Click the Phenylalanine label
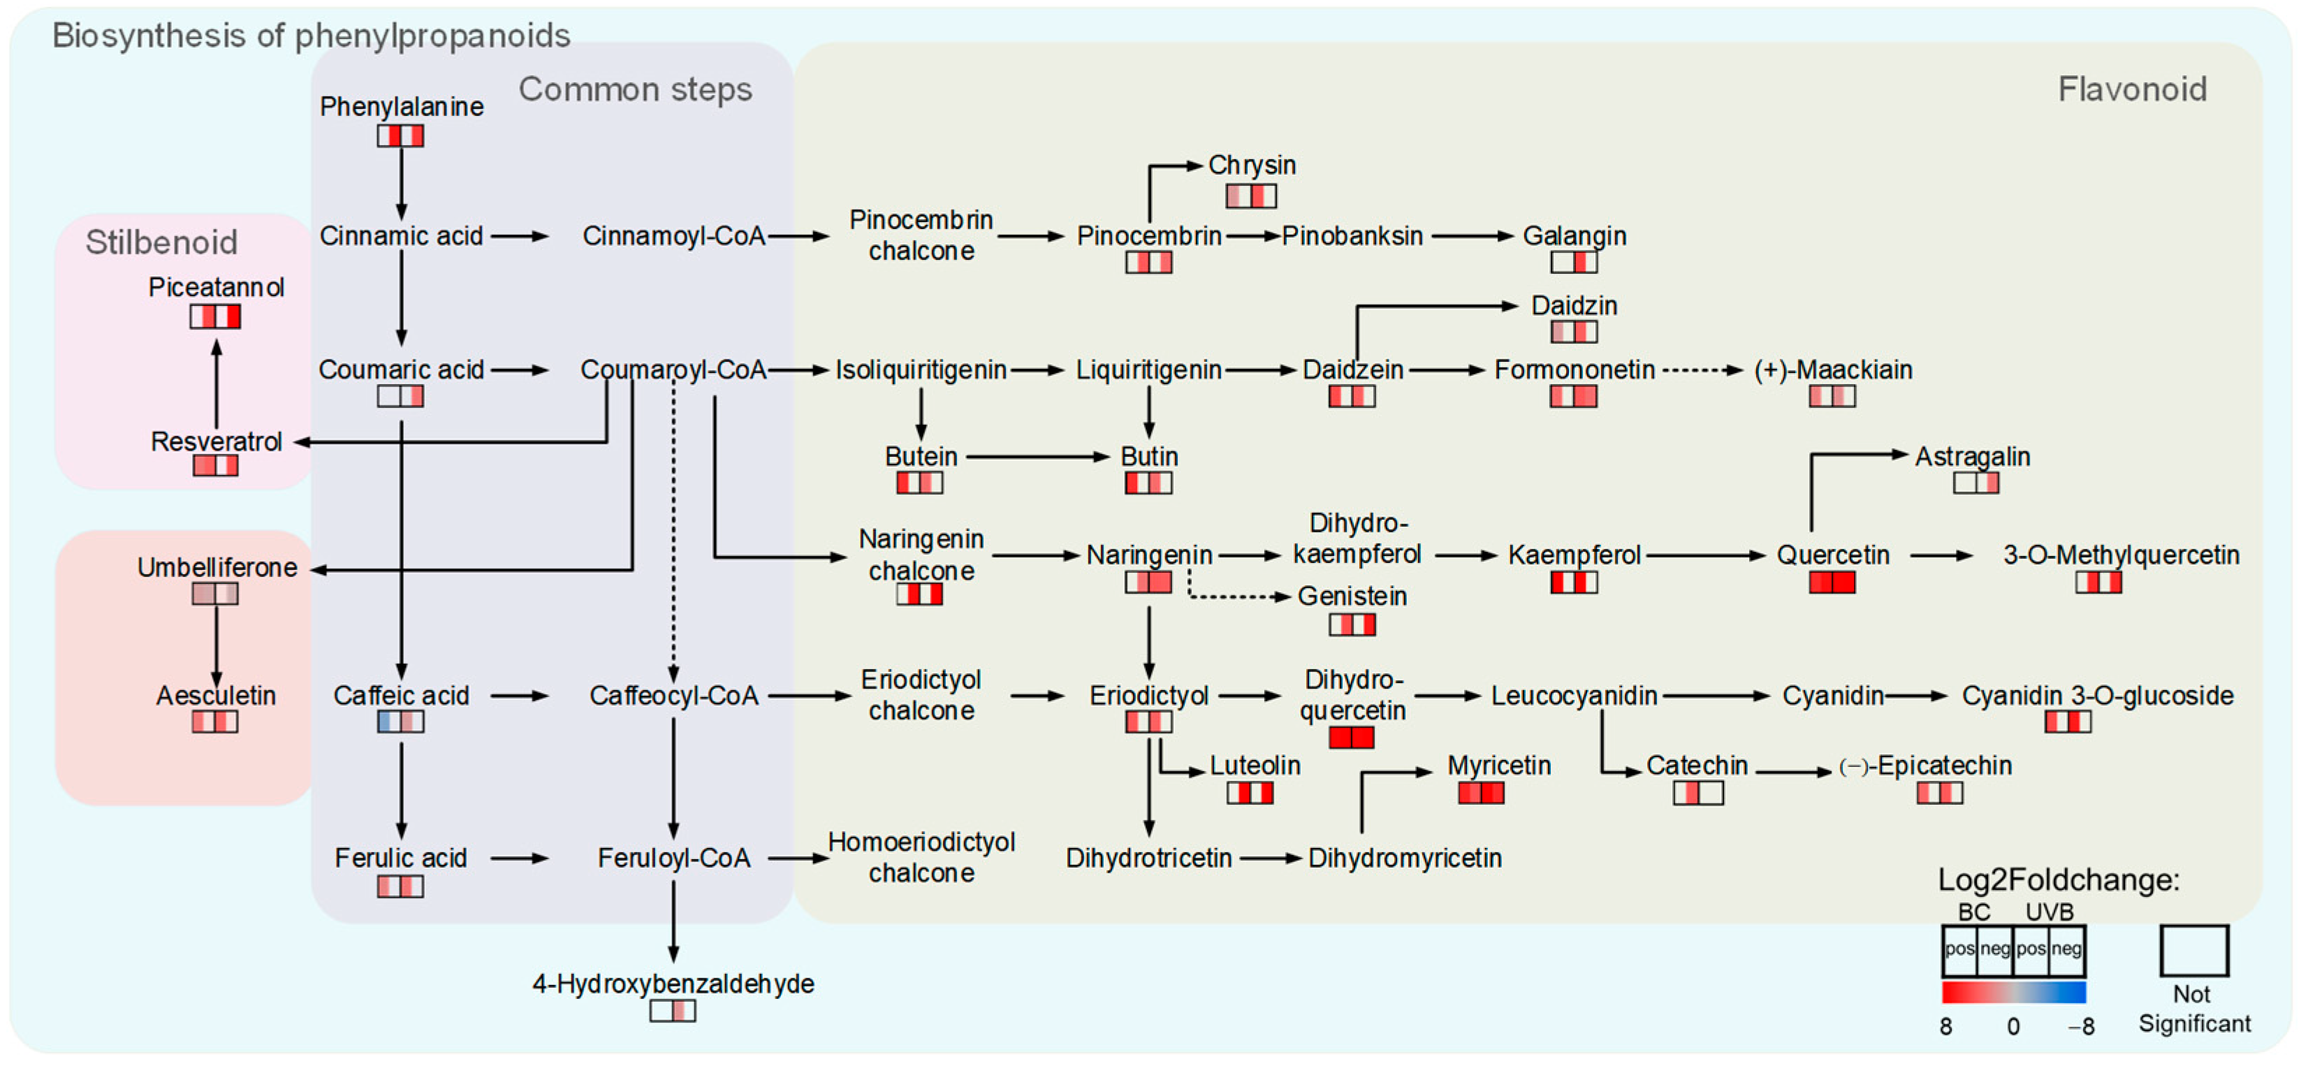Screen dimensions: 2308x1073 (402, 107)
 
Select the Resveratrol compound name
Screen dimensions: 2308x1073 (216, 441)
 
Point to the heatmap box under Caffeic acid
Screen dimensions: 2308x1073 (400, 722)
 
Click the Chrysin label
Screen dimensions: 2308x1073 (1252, 165)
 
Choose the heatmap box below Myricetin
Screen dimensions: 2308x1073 (1481, 793)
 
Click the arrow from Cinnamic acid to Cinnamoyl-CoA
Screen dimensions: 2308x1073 (520, 236)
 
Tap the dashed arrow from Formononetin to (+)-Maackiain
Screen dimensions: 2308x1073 (1702, 370)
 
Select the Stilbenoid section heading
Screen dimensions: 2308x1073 (162, 242)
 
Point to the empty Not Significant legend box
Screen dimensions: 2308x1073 (2194, 950)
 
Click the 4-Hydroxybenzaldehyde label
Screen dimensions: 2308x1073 (673, 984)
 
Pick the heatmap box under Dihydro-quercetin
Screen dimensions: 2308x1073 (1351, 738)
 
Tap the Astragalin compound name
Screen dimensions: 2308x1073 (1972, 457)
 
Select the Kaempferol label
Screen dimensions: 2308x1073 (1575, 555)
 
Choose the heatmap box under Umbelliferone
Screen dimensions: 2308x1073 (215, 594)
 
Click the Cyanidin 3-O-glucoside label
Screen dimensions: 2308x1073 (2098, 696)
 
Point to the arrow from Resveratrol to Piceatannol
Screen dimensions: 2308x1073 (216, 384)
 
